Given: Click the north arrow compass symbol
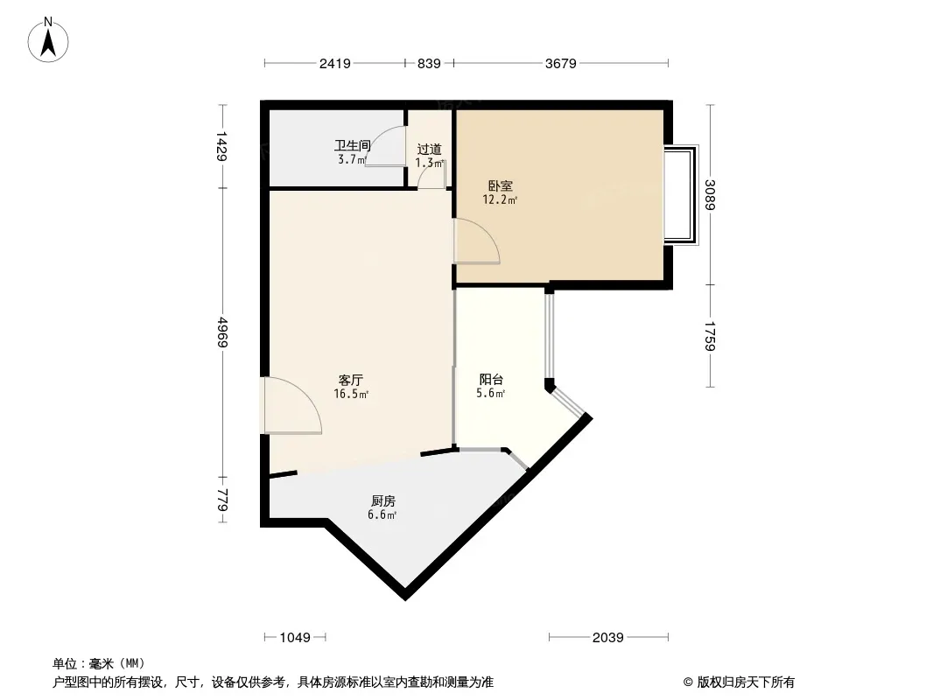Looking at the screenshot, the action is tap(48, 40).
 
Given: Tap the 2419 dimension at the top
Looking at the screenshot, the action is tap(335, 63).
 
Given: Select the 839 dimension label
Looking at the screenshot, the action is tap(428, 63).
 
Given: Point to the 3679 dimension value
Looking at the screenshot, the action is tap(560, 63).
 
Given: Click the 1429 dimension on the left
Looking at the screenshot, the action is tap(222, 146).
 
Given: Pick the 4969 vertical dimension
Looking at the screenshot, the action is tap(222, 332).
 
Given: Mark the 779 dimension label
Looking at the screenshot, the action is tap(222, 500).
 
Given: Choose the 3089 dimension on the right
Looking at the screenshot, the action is tap(710, 195).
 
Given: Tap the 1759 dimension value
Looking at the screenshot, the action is tap(710, 336).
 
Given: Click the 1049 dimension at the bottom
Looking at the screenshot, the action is tap(295, 638).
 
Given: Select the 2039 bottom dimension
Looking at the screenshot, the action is tap(607, 638).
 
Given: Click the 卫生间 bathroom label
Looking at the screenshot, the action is tap(352, 145).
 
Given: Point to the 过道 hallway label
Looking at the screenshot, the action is tap(429, 149).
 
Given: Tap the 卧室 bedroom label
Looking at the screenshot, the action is tap(500, 186).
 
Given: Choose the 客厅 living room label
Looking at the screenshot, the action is tap(350, 380).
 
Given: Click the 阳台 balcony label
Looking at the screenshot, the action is tap(492, 380).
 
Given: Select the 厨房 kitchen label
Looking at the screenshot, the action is tap(382, 501).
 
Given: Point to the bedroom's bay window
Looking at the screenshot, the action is tap(681, 195).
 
